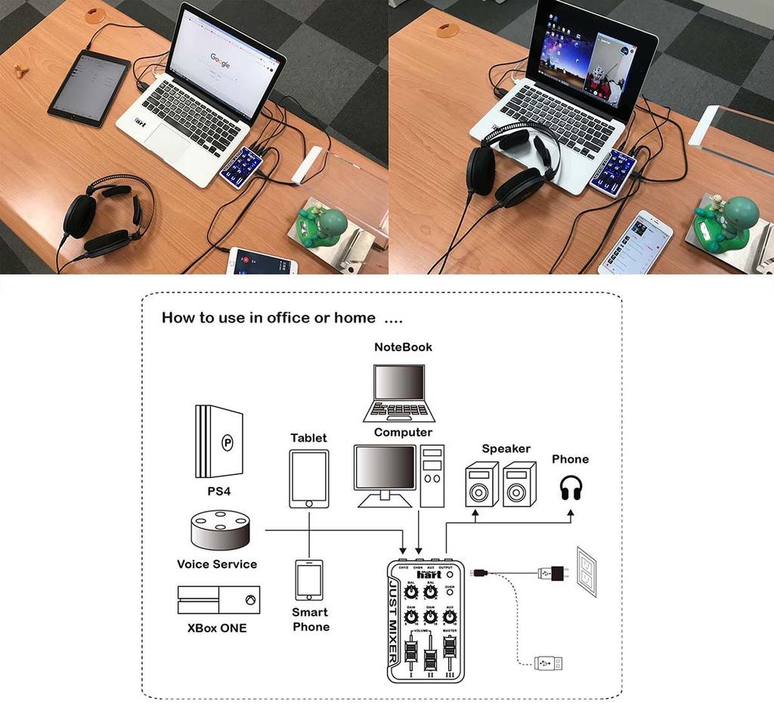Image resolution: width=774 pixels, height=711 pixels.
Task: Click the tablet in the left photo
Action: [88, 88]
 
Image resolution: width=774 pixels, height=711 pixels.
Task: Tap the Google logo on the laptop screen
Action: [220, 61]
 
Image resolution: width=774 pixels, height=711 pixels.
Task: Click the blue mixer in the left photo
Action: [240, 167]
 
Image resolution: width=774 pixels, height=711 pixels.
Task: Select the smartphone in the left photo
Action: [262, 261]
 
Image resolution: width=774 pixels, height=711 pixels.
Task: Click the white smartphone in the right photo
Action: [636, 242]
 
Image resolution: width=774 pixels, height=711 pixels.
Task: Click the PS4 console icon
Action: [219, 442]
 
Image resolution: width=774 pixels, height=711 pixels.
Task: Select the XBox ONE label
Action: [217, 628]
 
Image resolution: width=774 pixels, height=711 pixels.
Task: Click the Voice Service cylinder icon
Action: [220, 529]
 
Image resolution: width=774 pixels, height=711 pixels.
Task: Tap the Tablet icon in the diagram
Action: [309, 479]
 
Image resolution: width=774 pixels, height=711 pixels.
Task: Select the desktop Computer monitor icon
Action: [385, 472]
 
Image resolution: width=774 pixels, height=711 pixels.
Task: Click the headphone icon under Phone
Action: [571, 488]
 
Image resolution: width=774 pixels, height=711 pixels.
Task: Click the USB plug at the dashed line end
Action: [548, 663]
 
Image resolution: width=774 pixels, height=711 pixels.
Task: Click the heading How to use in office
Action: [268, 318]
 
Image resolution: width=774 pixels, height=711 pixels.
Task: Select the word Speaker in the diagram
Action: [506, 449]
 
